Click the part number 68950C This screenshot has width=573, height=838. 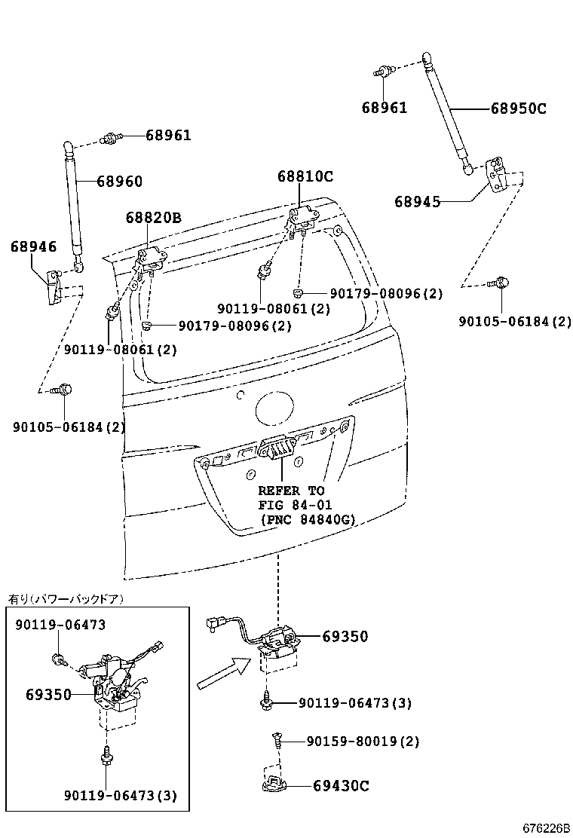point(518,109)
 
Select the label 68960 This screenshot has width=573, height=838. point(119,182)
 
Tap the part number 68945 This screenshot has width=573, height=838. point(417,202)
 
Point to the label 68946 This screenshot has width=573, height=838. point(33,246)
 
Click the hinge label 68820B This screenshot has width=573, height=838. point(153,218)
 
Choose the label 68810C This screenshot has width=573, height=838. point(305,177)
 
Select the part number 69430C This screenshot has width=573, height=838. point(341,786)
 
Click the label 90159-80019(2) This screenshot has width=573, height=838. point(363,742)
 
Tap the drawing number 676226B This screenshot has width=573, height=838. point(547,828)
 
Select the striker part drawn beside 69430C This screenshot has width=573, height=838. point(274,784)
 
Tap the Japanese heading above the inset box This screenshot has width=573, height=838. point(66,599)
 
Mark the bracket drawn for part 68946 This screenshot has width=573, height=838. point(54,287)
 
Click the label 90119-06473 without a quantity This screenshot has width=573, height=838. point(60,625)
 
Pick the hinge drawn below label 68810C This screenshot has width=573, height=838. point(303,218)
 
